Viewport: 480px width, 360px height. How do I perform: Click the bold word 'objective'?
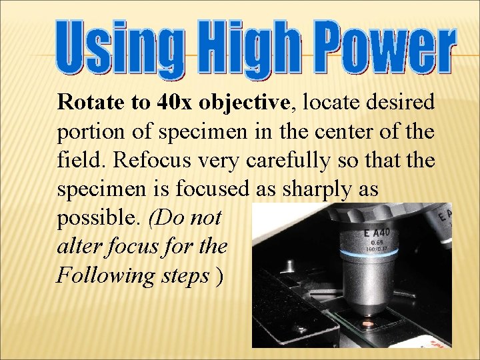[x=245, y=104]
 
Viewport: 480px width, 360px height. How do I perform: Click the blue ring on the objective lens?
[x=376, y=255]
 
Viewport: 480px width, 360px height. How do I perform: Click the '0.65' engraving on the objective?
[x=376, y=243]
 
